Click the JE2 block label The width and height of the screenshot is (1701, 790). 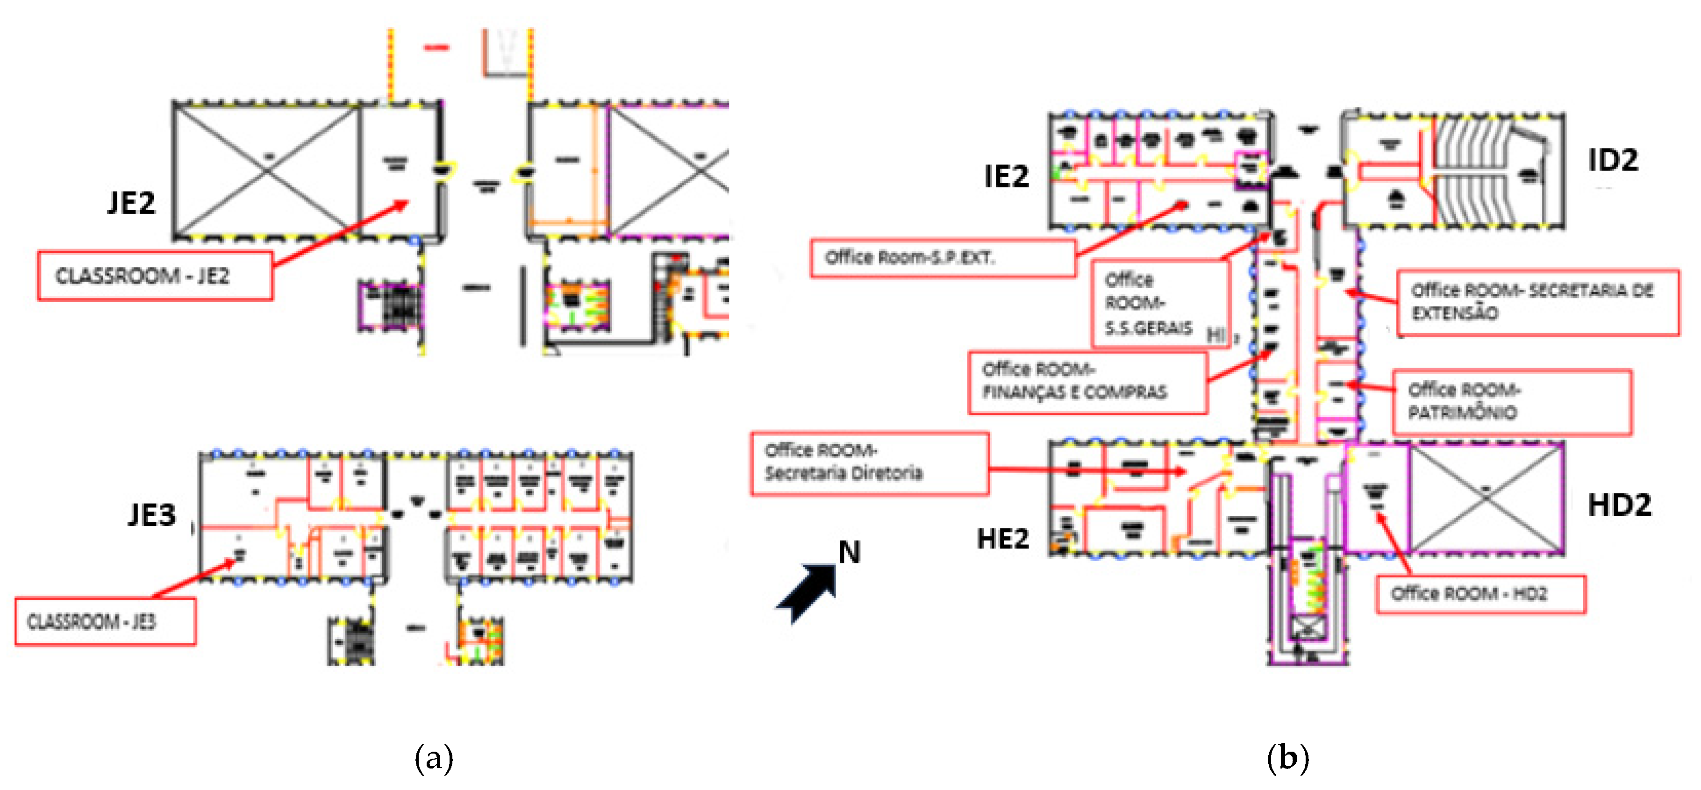[x=131, y=203]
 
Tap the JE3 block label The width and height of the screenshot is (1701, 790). [x=152, y=515]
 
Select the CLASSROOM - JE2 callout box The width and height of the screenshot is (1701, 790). [x=155, y=276]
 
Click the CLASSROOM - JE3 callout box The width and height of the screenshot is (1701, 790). [x=105, y=621]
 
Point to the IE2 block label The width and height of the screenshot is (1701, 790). [x=1006, y=176]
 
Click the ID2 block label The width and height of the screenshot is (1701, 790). [x=1613, y=160]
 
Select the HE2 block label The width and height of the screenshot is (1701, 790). [x=1002, y=539]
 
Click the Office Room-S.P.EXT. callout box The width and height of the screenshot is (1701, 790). [x=942, y=257]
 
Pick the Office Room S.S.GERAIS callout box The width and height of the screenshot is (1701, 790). [x=1159, y=304]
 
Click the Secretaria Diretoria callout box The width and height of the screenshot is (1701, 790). [x=869, y=463]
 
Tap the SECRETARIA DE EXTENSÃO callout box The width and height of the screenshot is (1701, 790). [x=1537, y=302]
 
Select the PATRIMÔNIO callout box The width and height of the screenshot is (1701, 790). [x=1511, y=402]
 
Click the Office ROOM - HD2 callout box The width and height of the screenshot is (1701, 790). [x=1480, y=594]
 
